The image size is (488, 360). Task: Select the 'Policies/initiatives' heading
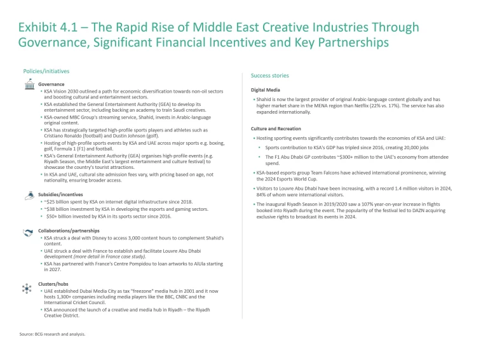(46, 71)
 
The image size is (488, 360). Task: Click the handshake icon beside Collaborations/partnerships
(27, 233)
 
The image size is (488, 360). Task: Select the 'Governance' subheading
(51, 84)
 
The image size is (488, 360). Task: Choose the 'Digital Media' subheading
(266, 90)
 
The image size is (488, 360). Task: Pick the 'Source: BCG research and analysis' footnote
(53, 333)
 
